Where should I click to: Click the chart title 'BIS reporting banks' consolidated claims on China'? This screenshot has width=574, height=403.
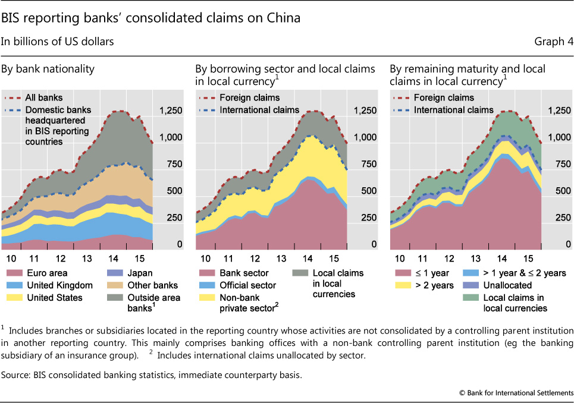(150, 18)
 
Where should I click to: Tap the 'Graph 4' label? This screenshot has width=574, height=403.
(554, 42)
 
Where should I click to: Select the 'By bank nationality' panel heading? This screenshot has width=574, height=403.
(48, 70)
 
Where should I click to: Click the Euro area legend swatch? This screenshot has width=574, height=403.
(13, 273)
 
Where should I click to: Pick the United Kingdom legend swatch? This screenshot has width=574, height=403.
(13, 285)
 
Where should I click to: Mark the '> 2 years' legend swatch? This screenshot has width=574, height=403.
(402, 285)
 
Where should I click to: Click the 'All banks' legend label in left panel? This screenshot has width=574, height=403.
(43, 97)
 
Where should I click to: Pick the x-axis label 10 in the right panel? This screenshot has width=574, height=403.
(400, 258)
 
